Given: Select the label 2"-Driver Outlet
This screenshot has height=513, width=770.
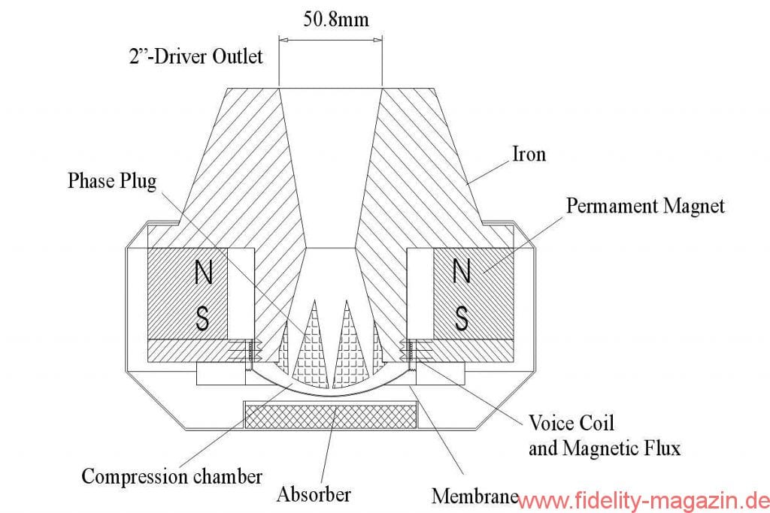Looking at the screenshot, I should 197,56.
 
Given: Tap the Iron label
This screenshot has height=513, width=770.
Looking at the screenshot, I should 529,154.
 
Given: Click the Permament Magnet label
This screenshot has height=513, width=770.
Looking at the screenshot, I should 645,205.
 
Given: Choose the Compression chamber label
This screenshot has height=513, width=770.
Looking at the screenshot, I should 171,475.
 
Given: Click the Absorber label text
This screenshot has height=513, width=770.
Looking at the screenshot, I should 314,494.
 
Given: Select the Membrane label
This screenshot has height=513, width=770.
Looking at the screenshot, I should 474,496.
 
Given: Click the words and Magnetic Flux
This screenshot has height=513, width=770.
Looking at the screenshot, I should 605,448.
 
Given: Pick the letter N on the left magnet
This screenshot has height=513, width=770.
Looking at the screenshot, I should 202,273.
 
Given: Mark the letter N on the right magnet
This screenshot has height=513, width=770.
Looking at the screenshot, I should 462,273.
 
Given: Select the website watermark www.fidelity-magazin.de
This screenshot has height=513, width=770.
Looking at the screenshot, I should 644,499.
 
